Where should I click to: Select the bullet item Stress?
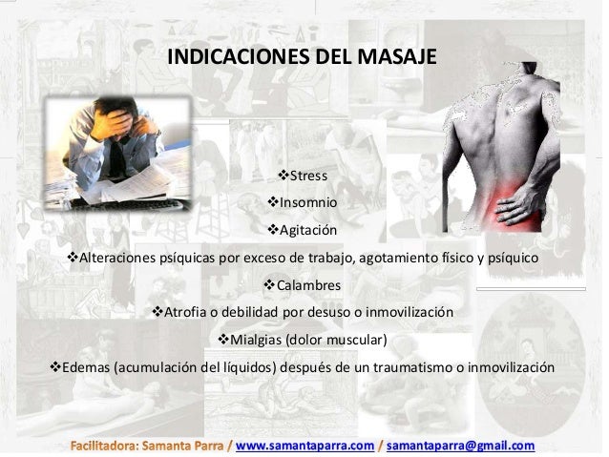coord(307,177)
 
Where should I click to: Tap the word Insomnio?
coord(304,203)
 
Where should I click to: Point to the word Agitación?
coord(304,230)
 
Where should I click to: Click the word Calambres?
coord(305,285)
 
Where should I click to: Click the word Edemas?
coord(86,366)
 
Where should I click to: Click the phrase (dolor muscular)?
coord(340,339)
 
